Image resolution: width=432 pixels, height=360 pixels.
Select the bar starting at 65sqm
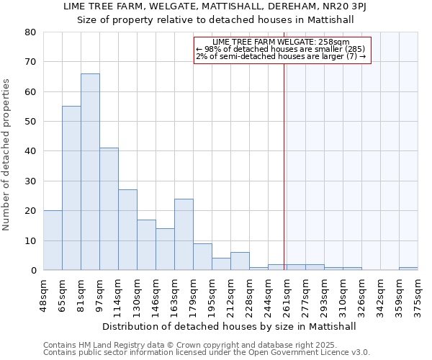71,188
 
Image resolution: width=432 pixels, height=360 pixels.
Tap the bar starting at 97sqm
109,209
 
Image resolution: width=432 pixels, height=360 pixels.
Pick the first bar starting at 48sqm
53,240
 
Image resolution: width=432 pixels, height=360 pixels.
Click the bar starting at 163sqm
184,234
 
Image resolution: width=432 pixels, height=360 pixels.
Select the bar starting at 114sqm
127,230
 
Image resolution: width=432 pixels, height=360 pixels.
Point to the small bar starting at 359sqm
408,269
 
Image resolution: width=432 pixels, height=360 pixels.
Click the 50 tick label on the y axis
30,122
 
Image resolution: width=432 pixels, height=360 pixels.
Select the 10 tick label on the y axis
30,240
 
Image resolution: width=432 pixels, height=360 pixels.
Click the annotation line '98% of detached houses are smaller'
282,49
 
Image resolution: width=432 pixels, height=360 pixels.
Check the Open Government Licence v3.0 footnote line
207,352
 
